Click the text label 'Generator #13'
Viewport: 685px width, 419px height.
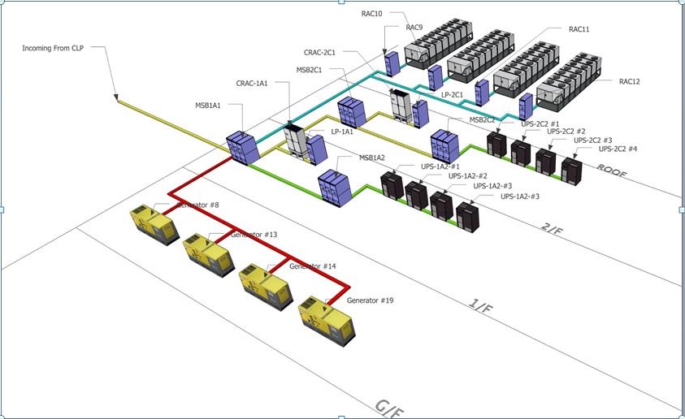coord(254,235)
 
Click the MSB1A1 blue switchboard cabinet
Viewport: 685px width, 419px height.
coord(242,147)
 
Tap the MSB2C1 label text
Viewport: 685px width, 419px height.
coord(310,70)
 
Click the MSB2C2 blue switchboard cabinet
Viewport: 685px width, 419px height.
coord(444,145)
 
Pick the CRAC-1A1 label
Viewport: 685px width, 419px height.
coord(252,83)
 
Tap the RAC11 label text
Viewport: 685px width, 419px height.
coord(579,29)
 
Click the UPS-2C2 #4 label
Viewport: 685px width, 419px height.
coord(618,149)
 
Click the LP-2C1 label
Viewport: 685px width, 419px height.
coord(452,95)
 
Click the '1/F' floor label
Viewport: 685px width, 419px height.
coord(481,307)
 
